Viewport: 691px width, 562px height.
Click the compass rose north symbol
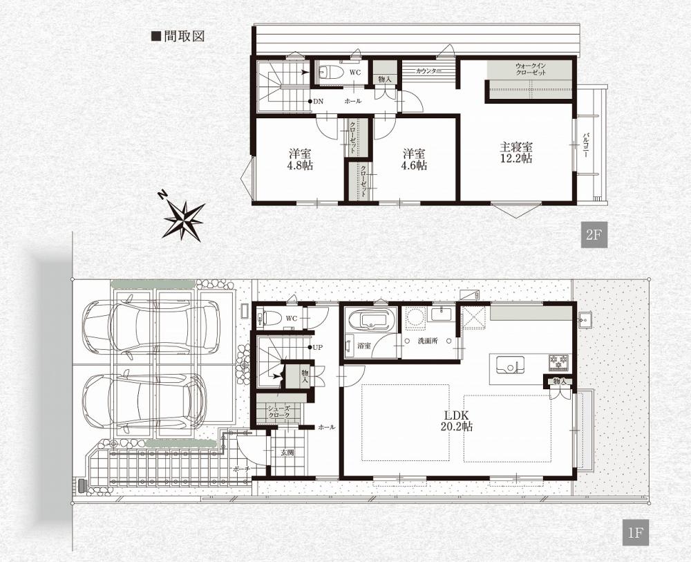tap(182, 218)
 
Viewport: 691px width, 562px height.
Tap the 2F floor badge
tap(594, 234)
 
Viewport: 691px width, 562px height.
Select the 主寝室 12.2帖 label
tap(516, 152)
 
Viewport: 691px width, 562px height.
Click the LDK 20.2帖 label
tap(456, 420)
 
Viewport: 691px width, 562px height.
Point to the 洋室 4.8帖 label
tap(301, 160)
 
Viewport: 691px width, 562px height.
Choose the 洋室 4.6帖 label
tap(414, 160)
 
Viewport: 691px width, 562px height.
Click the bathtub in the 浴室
tap(372, 319)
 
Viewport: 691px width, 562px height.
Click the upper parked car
tap(151, 326)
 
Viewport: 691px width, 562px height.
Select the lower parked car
tap(144, 400)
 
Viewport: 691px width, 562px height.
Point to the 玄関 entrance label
tap(287, 452)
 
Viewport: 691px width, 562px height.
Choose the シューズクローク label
tap(278, 412)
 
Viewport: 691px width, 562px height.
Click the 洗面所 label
tap(427, 341)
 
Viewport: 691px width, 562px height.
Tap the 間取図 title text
tap(178, 36)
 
